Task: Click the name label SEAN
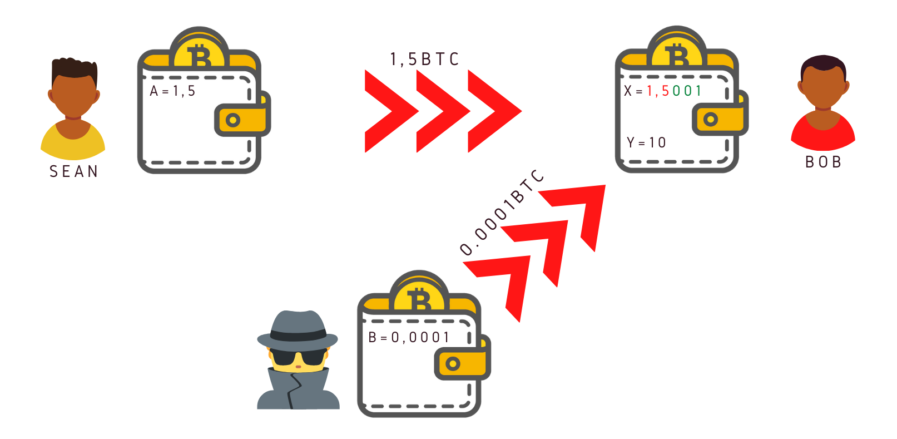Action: click(74, 171)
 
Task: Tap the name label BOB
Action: click(823, 162)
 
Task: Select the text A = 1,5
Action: click(173, 91)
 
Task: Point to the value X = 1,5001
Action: click(662, 91)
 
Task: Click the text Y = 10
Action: click(646, 142)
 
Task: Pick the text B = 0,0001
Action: click(409, 337)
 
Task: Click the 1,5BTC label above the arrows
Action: click(424, 59)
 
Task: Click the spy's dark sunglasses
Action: click(298, 357)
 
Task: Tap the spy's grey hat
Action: click(298, 328)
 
